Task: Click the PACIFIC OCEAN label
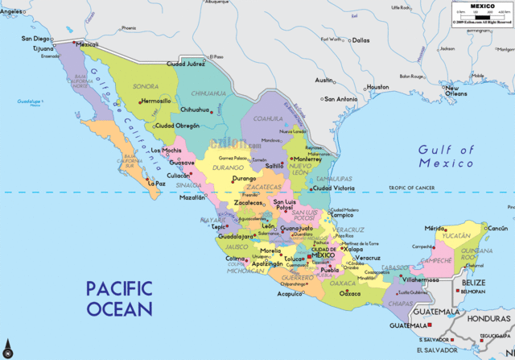click(119, 298)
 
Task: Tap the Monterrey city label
click(307, 159)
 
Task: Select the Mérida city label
click(435, 229)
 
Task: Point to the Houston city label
click(377, 87)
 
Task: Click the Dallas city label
click(360, 39)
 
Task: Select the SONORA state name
click(145, 85)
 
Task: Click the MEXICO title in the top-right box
click(482, 5)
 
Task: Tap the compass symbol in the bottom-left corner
click(8, 350)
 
